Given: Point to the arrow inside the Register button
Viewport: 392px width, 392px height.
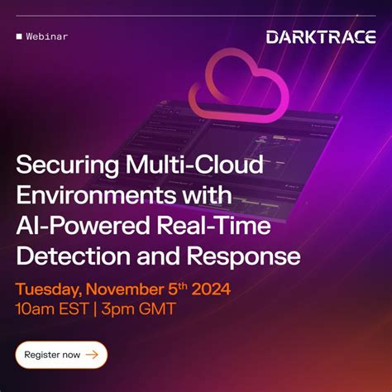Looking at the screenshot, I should pos(91,355).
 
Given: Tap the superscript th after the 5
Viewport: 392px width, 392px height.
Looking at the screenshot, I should pos(184,285).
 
